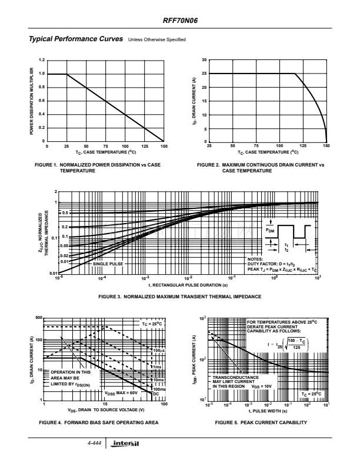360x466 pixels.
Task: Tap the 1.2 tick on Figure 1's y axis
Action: pyautogui.click(x=41, y=61)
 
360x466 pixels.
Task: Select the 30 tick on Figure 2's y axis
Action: pyautogui.click(x=204, y=61)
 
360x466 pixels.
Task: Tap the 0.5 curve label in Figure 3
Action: pyautogui.click(x=65, y=212)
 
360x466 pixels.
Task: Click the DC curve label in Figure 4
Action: pyautogui.click(x=156, y=392)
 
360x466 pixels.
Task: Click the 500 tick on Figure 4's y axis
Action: pyautogui.click(x=39, y=318)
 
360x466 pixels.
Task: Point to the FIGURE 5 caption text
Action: pyautogui.click(x=262, y=422)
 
